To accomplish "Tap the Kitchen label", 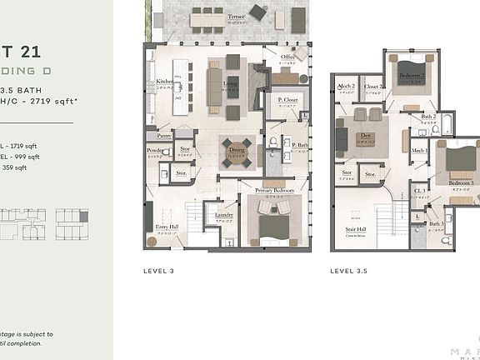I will click(165, 82).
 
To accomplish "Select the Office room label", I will click(287, 57).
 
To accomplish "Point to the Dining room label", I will click(237, 150).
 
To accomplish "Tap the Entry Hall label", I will click(169, 227).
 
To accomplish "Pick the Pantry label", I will click(164, 135).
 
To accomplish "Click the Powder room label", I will click(155, 152).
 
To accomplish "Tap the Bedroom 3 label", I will click(461, 182).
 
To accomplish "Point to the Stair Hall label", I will click(357, 228).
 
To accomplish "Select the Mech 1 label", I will click(419, 151).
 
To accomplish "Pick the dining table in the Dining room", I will click(236, 152).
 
